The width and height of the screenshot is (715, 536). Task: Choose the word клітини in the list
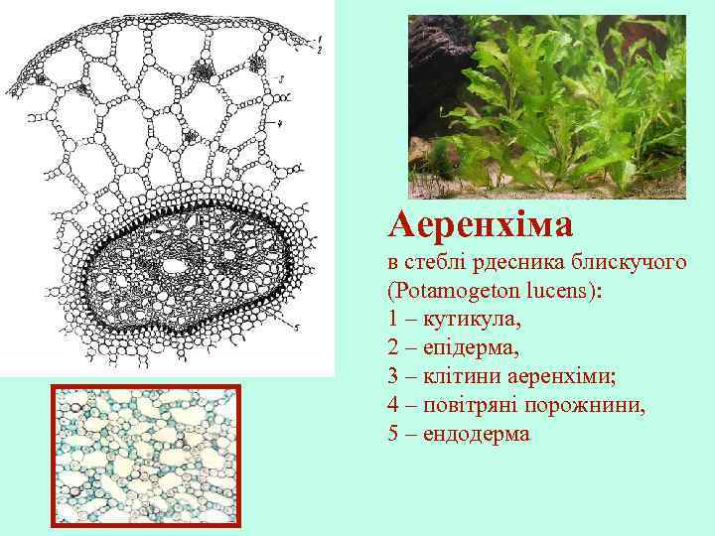(x=457, y=378)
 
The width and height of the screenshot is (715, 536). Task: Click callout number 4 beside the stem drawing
(x=282, y=124)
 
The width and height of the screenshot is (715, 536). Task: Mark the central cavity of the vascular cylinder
(x=176, y=266)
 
